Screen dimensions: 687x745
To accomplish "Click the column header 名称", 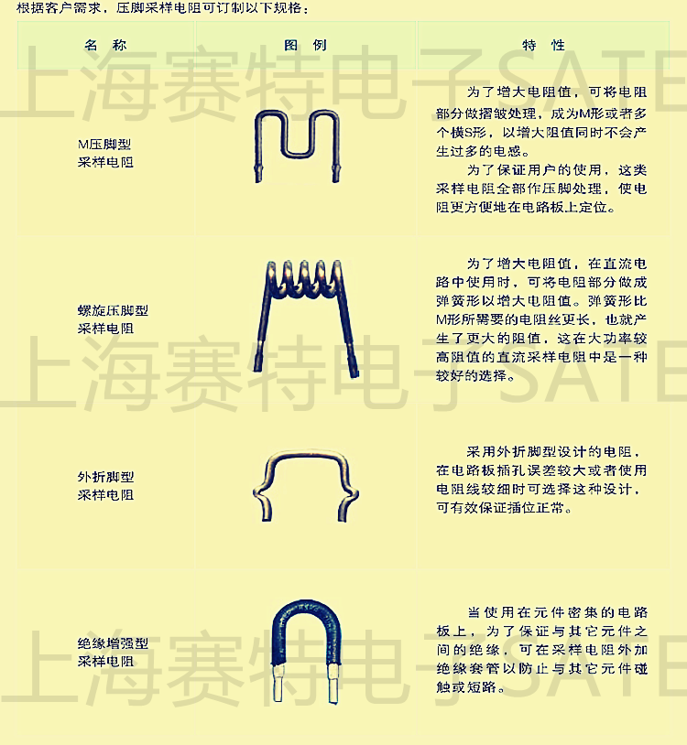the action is click(x=105, y=45).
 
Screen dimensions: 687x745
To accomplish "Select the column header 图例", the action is click(x=305, y=45).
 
